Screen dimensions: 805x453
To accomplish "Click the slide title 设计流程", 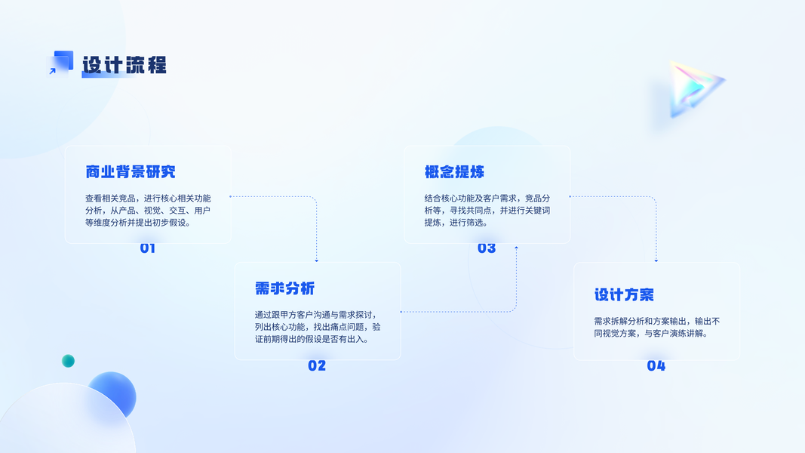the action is [x=124, y=65].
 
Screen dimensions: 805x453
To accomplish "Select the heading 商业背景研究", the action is [x=131, y=172].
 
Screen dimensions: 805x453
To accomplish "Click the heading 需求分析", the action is [x=284, y=288].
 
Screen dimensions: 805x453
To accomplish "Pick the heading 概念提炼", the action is [x=454, y=172].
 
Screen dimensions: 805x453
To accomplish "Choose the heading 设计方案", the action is [x=624, y=294].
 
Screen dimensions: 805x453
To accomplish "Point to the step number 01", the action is [x=148, y=248].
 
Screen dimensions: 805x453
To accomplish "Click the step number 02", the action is [x=317, y=365].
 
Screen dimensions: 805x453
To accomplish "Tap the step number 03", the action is [x=487, y=248].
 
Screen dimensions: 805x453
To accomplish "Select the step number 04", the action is [x=656, y=365].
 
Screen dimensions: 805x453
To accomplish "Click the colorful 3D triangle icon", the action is [x=693, y=89].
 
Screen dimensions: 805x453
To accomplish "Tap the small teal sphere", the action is [x=68, y=361].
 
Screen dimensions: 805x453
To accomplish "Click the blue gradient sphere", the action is [x=113, y=394].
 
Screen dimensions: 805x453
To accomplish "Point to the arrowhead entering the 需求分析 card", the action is [x=317, y=260].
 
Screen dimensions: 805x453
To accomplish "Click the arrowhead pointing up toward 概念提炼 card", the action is [x=516, y=248].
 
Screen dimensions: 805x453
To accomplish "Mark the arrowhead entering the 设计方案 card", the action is [x=656, y=260].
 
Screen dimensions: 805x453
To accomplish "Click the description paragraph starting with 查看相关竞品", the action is [x=148, y=211].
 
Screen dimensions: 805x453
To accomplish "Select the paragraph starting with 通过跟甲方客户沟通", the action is [x=318, y=327].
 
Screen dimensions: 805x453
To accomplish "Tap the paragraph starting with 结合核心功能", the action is [x=487, y=211].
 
